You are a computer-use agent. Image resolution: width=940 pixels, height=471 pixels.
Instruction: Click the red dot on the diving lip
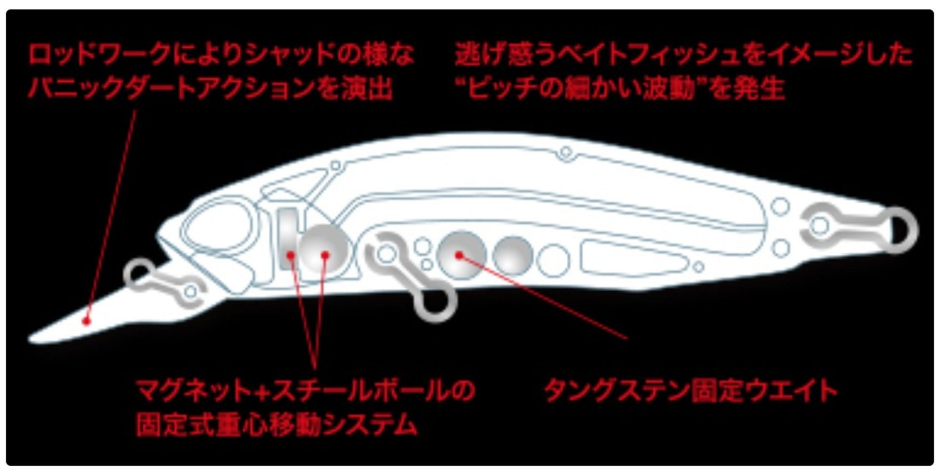click(x=86, y=322)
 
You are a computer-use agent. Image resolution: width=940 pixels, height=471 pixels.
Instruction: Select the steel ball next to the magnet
click(x=324, y=248)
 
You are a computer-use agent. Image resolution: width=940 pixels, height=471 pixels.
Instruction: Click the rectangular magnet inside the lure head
click(x=289, y=238)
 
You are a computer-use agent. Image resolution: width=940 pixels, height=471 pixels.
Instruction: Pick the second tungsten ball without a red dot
click(x=513, y=256)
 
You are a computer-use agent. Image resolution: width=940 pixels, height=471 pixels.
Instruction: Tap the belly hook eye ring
click(x=435, y=306)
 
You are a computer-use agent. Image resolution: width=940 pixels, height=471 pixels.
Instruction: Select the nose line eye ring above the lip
click(x=139, y=274)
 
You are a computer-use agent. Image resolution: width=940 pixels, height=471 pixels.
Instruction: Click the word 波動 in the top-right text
click(x=674, y=88)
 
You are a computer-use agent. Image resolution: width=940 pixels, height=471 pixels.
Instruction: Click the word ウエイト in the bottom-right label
click(x=789, y=391)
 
